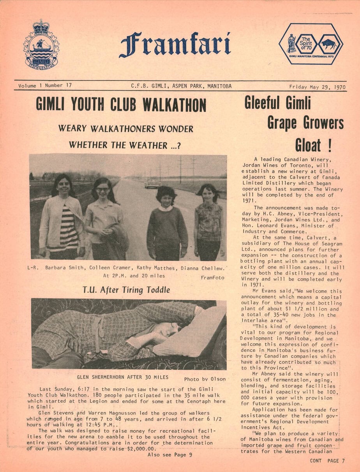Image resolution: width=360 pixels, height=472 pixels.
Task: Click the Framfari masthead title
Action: coord(175,45)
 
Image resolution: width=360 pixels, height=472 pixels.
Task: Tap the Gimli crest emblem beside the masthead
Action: coord(41,45)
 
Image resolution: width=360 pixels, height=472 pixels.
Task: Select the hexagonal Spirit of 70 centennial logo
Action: coord(311,44)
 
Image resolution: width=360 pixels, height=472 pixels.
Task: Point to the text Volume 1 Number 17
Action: coord(45,85)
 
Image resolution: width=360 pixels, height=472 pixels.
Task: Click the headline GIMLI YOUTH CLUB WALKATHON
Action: coord(121,105)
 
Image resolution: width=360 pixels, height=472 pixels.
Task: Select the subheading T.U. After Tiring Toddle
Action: coord(126,290)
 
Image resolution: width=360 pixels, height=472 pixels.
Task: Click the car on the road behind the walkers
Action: coord(153,183)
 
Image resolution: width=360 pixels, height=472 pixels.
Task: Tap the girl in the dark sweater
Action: coord(167,226)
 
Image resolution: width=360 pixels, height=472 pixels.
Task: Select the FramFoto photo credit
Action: coord(212,278)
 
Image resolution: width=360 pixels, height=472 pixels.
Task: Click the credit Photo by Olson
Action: coord(205,379)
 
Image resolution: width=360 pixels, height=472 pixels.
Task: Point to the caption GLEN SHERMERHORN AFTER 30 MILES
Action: coord(122,377)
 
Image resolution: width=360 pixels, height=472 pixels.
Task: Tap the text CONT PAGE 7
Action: coord(327,461)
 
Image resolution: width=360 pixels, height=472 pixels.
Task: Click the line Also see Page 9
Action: coord(169,454)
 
